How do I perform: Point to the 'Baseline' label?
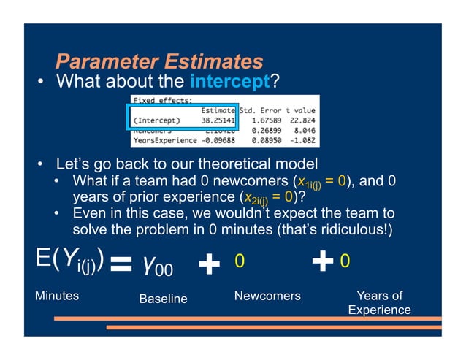coord(163,299)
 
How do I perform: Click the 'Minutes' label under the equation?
coord(57,296)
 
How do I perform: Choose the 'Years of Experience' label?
coord(379,302)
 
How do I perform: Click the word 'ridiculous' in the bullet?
coord(342,230)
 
